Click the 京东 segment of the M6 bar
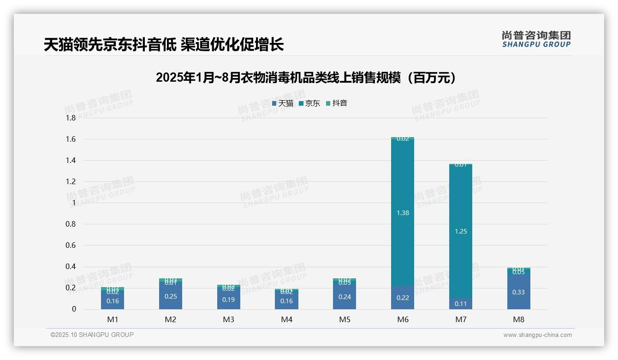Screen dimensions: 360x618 coord(403,194)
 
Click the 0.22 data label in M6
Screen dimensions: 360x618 coord(403,298)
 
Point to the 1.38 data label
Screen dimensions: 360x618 coord(403,213)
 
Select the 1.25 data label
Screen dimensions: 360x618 coord(461,231)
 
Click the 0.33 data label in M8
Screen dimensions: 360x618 coord(518,292)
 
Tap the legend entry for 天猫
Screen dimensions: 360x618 coord(283,103)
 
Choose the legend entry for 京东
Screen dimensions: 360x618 coord(309,103)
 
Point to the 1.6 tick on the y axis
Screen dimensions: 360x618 coord(71,139)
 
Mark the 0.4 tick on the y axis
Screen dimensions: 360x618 coord(71,267)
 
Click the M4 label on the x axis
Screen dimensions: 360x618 coord(286,319)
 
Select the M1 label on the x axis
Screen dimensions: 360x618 coord(113,319)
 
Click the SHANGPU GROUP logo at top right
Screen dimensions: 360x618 coord(536,39)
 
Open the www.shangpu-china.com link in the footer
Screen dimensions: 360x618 coord(537,335)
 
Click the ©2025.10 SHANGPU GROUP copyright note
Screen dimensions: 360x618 coord(92,335)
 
